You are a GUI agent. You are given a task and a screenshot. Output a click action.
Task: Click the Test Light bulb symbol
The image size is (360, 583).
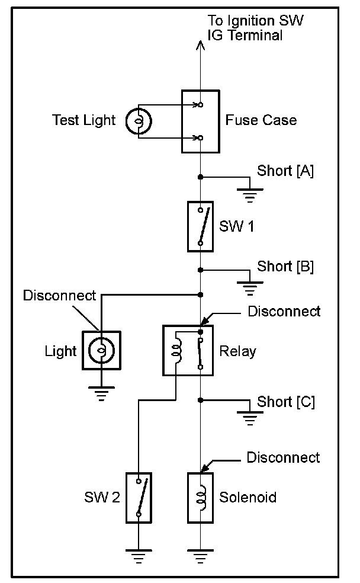pyautogui.click(x=139, y=121)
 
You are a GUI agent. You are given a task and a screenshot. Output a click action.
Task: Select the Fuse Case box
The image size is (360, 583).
pyautogui.click(x=200, y=121)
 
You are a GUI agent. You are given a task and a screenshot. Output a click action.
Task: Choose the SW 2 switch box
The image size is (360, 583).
pyautogui.click(x=139, y=498)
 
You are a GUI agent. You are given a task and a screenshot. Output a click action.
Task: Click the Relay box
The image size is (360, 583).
pyautogui.click(x=188, y=350)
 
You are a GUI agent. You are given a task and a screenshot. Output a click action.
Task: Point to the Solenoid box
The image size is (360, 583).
pyautogui.click(x=200, y=498)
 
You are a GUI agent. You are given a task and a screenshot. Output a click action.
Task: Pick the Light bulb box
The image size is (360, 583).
pyautogui.click(x=101, y=351)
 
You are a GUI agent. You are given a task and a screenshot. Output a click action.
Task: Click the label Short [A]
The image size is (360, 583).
pyautogui.click(x=285, y=171)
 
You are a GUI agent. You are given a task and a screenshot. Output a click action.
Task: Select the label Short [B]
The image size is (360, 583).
pyautogui.click(x=285, y=266)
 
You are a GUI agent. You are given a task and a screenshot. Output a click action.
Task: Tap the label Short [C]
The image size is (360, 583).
pyautogui.click(x=286, y=402)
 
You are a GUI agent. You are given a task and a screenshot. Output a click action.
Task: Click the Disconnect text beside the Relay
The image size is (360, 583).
pyautogui.click(x=284, y=311)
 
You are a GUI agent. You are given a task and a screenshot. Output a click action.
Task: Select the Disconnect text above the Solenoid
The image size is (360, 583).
pyautogui.click(x=283, y=457)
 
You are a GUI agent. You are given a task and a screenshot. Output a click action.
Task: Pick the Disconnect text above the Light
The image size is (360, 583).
pyautogui.click(x=59, y=295)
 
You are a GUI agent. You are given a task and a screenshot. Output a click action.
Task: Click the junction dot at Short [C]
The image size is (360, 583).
pyautogui.click(x=201, y=400)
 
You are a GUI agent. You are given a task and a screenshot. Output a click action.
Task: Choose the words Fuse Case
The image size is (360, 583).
pyautogui.click(x=261, y=121)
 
